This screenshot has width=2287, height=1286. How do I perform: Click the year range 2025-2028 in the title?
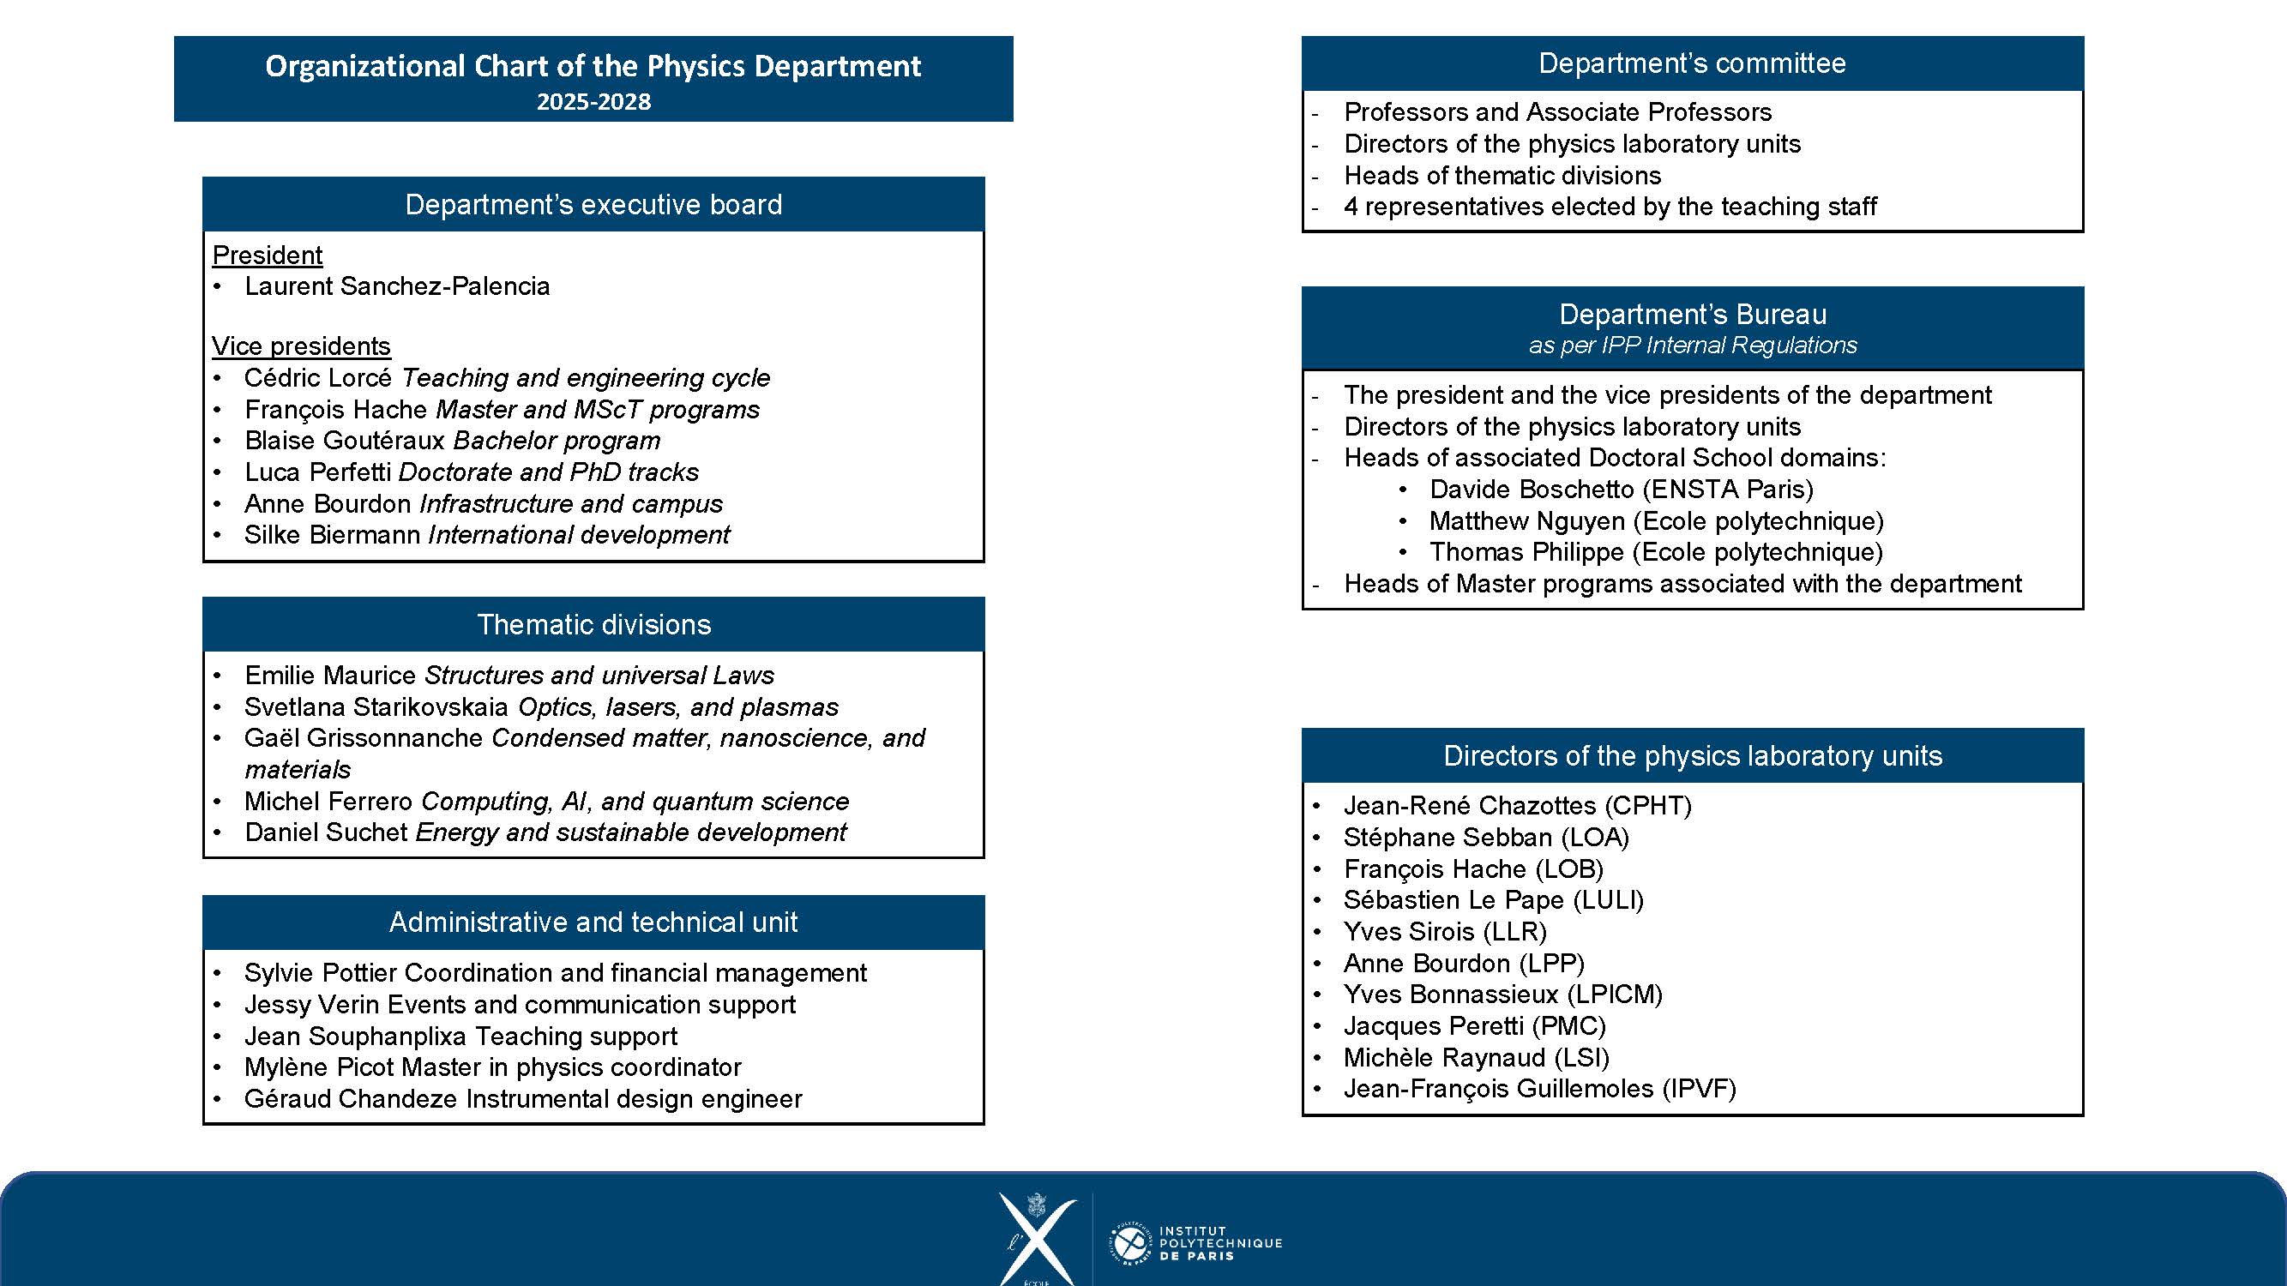[x=593, y=101]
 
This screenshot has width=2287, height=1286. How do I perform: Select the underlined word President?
[x=267, y=255]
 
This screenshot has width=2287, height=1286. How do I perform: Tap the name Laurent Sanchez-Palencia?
[x=397, y=285]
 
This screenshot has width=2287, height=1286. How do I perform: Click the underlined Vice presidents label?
[x=301, y=346]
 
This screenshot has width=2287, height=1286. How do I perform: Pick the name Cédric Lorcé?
[x=318, y=377]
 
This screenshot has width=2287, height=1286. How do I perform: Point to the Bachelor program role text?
[x=557, y=440]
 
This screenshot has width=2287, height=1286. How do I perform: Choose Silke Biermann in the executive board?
[x=332, y=534]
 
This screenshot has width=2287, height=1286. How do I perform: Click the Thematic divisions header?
[x=593, y=624]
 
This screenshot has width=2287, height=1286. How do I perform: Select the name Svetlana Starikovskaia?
[x=376, y=706]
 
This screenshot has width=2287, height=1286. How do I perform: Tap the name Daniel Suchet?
[x=326, y=832]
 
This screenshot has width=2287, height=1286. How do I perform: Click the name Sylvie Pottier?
[x=321, y=972]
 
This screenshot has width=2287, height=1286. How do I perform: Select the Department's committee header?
[x=1691, y=63]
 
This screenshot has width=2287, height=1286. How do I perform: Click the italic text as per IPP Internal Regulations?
[x=1692, y=345]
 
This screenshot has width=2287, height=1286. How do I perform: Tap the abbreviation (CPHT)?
[x=1648, y=805]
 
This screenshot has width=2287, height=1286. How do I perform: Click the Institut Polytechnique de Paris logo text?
[x=1220, y=1242]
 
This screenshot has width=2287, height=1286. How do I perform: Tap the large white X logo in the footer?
[x=1036, y=1238]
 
